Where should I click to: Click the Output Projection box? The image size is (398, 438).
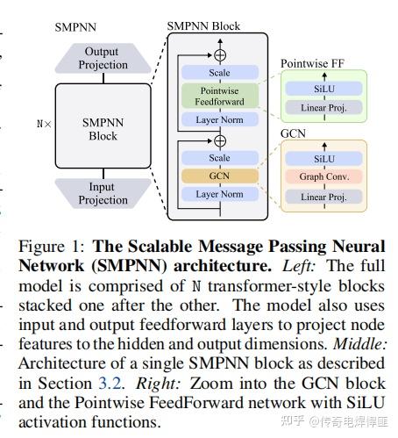(103, 58)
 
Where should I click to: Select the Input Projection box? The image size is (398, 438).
(103, 194)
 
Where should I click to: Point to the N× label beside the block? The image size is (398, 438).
(44, 125)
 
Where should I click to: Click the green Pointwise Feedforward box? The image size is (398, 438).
(219, 97)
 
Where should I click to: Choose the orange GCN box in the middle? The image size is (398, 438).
(219, 176)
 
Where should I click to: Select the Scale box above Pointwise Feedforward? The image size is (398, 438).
(219, 73)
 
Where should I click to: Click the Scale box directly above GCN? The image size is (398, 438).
(219, 158)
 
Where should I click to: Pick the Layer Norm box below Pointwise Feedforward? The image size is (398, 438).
(219, 119)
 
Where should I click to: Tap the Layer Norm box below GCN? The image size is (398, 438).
(219, 195)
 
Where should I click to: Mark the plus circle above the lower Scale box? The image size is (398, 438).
(220, 140)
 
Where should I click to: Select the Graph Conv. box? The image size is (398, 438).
(323, 177)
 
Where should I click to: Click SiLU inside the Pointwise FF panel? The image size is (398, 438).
(323, 89)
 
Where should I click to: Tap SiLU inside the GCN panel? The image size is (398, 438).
(323, 159)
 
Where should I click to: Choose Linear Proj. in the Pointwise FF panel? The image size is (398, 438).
(323, 107)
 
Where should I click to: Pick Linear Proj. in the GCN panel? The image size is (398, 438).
(323, 196)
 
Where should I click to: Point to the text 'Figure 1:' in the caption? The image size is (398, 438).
(46, 247)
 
